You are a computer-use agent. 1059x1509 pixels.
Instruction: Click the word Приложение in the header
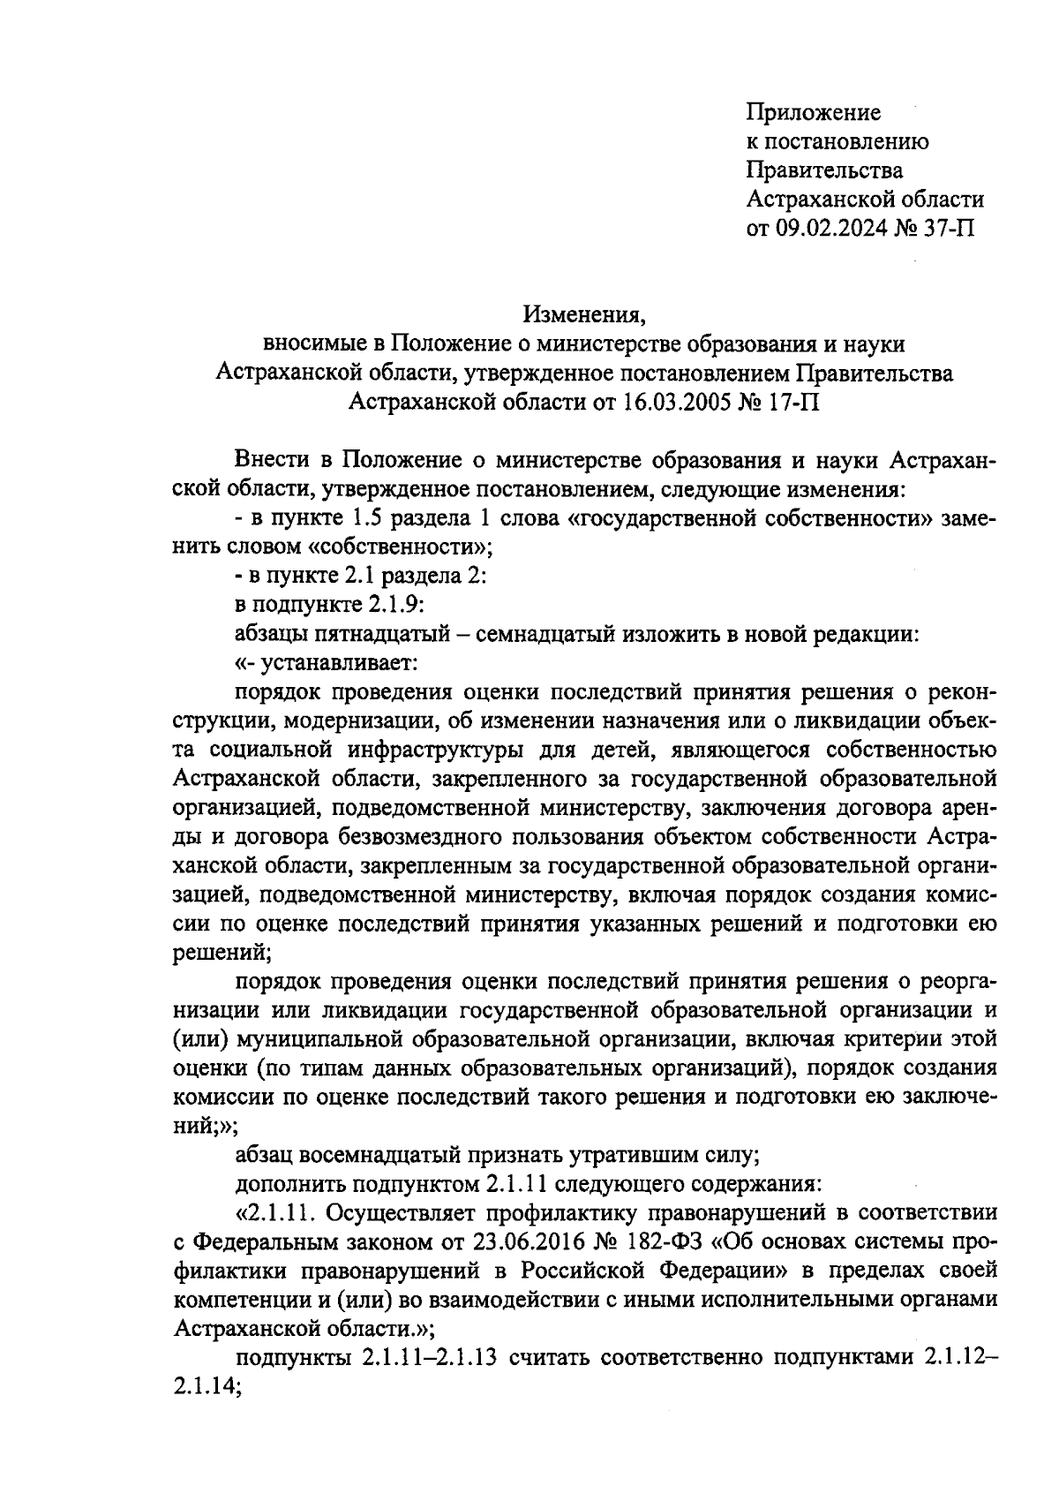[x=813, y=113]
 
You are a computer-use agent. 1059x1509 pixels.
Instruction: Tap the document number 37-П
[x=945, y=230]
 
